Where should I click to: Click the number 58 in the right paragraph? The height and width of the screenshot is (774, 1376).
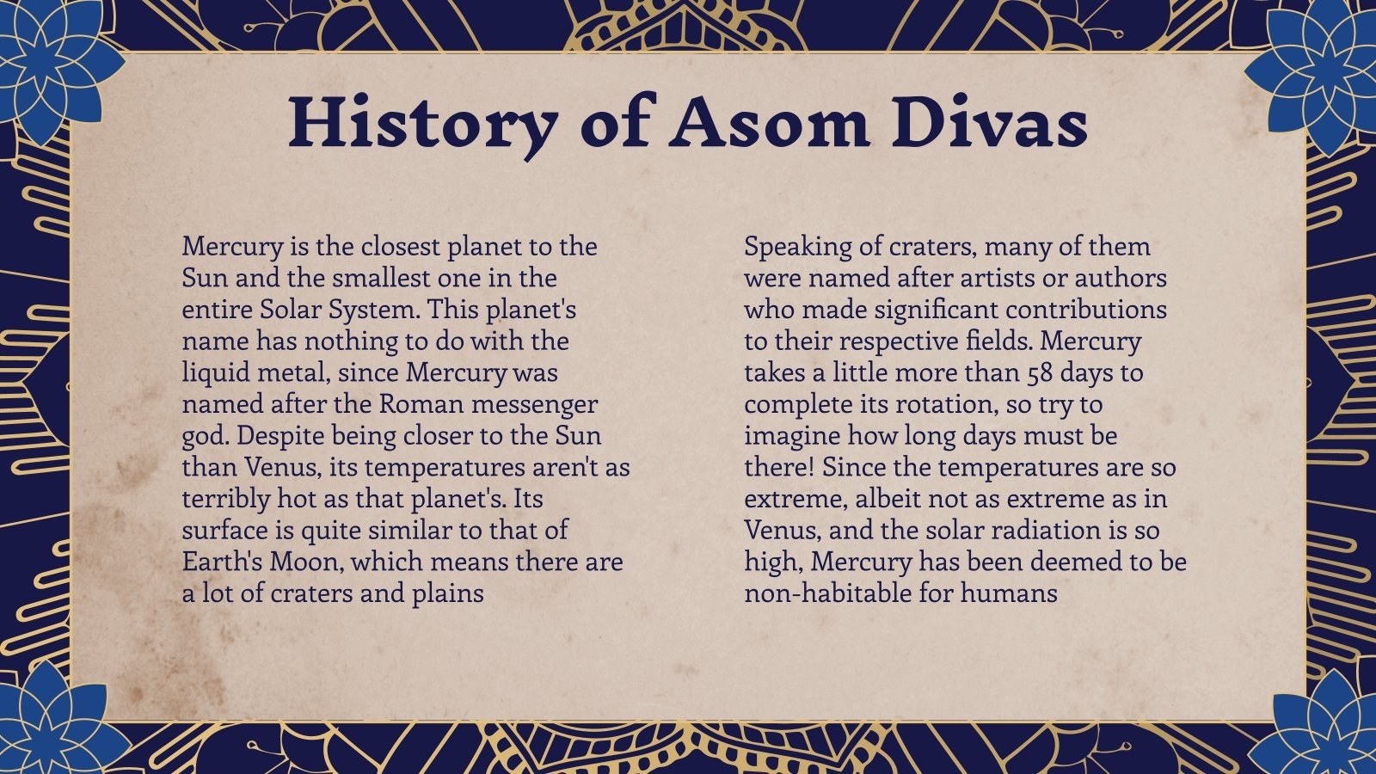point(1044,373)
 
